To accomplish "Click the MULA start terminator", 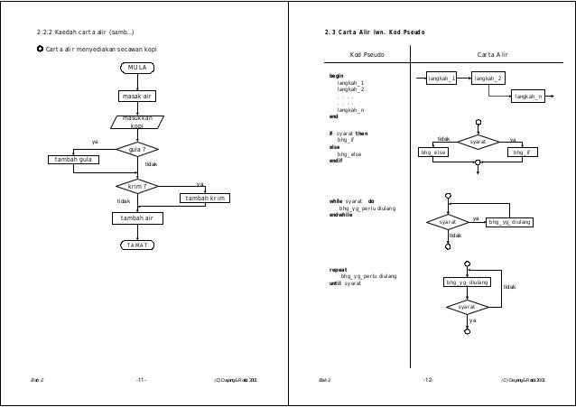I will [137, 68].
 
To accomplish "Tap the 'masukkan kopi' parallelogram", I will [137, 122].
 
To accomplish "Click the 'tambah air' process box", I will [137, 217].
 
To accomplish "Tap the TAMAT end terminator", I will [137, 245].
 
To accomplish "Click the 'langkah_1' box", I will [443, 79].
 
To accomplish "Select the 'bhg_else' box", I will [433, 153].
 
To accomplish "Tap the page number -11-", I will [141, 381].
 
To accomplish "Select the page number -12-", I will [428, 381].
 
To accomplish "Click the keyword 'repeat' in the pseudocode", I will [339, 269].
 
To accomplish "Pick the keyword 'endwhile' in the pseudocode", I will [341, 215].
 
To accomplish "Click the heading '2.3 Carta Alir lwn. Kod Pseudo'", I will [376, 33].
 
